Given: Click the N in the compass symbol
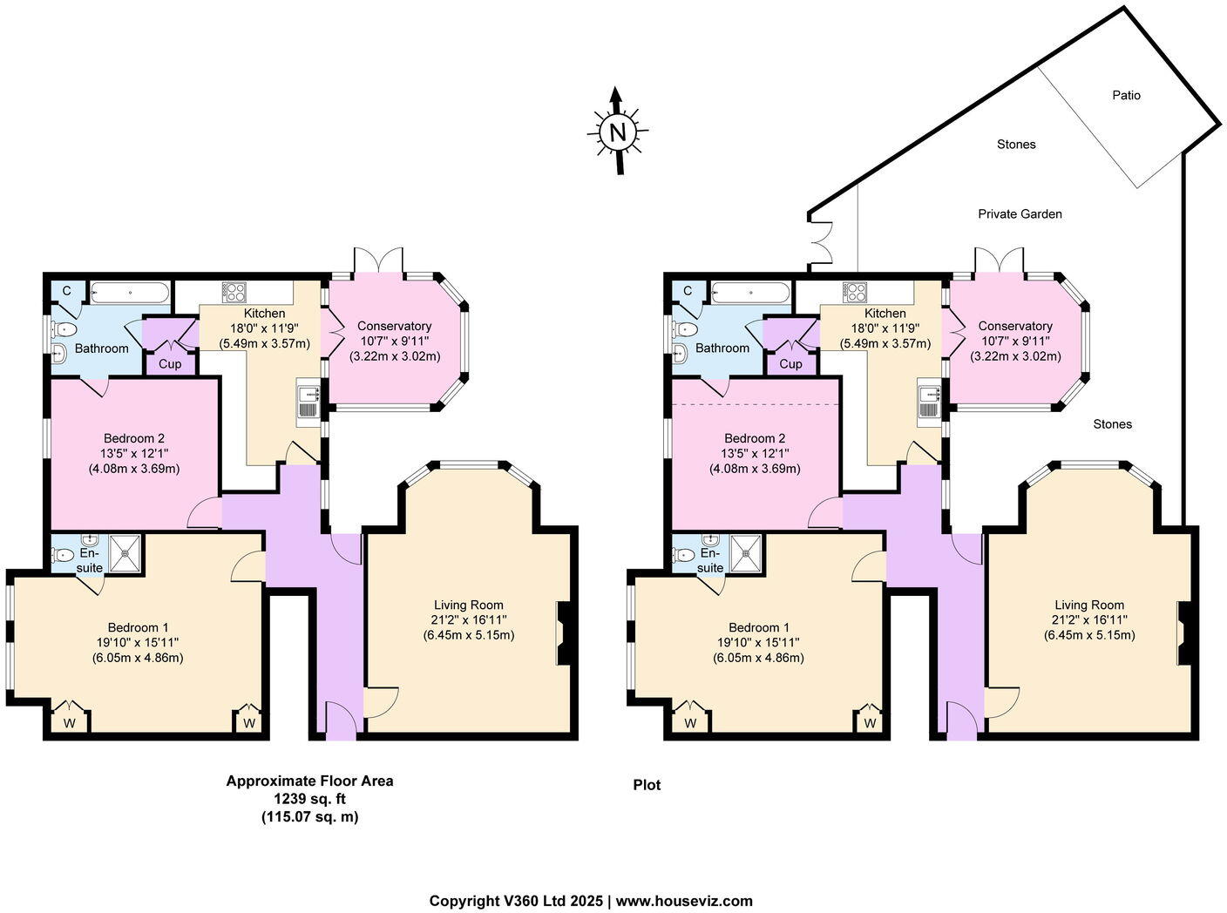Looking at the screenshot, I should [618, 132].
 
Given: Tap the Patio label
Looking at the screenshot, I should [1126, 95].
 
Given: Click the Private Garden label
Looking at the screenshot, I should [1020, 213].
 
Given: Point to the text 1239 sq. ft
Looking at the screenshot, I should [309, 799].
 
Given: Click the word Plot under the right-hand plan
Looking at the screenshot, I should [647, 785].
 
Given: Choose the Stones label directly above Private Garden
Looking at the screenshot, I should [1016, 145].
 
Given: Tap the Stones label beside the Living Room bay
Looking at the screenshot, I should [1112, 424].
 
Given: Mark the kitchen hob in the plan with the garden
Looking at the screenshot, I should [854, 292].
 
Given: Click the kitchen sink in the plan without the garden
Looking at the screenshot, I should [308, 403].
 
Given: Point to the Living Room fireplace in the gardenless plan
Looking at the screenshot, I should [563, 633].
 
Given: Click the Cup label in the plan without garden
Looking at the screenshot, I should [170, 363].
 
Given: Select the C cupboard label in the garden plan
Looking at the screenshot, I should [687, 290].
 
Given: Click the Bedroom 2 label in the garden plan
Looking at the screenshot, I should [755, 438].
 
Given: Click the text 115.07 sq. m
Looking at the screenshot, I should [309, 817].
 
